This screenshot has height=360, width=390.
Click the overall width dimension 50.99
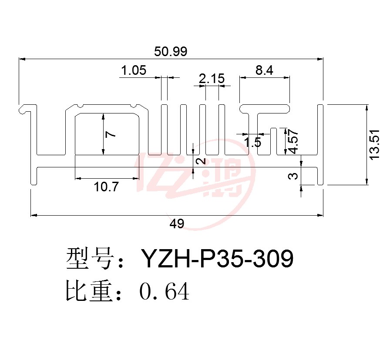171,52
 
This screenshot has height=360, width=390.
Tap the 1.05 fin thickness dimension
134,70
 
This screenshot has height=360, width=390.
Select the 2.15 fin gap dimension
212,79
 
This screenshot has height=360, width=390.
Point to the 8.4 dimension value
264,70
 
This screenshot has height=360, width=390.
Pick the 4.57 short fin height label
293,141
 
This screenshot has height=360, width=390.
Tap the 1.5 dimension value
252,143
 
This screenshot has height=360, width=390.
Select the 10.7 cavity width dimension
107,187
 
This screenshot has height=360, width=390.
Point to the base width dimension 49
177,223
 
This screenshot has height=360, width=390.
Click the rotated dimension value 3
293,176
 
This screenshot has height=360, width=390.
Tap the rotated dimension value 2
201,161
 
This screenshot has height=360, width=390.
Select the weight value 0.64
165,291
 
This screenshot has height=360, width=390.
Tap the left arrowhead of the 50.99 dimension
22,59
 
